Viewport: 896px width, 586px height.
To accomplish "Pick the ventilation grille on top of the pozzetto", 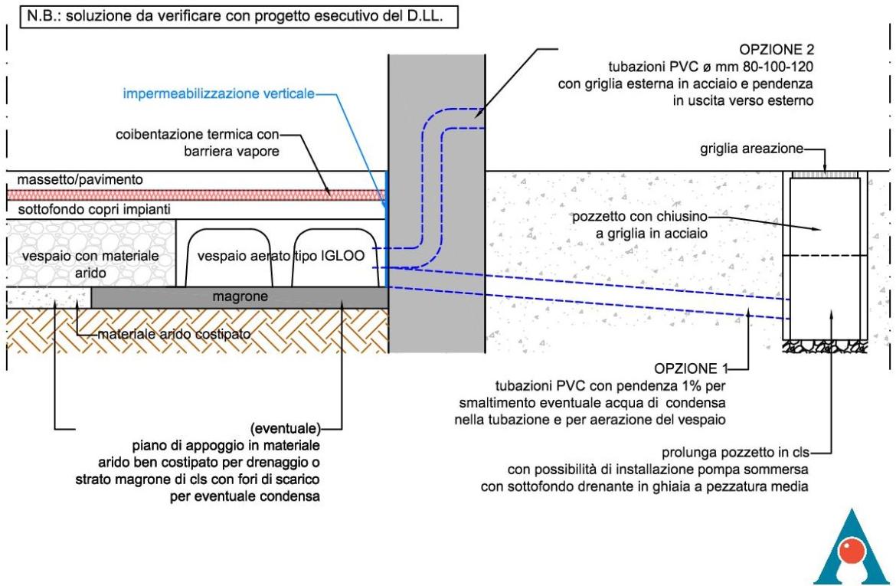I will click(x=826, y=175).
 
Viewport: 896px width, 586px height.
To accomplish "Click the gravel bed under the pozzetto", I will click(x=826, y=347).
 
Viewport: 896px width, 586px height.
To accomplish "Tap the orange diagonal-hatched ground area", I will click(x=191, y=329).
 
